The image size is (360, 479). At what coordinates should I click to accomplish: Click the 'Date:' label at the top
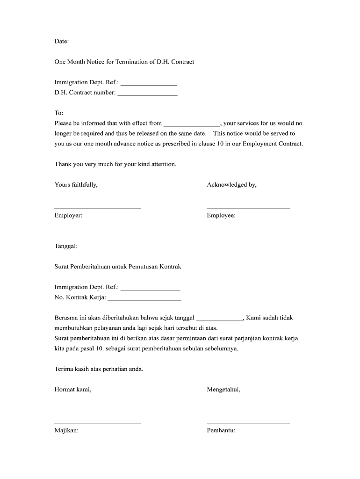pyautogui.click(x=61, y=41)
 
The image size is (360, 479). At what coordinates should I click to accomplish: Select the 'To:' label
pyautogui.click(x=59, y=113)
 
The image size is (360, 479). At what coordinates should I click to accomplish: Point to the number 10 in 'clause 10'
pyautogui.click(x=220, y=144)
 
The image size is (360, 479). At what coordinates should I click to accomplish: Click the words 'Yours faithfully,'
pyautogui.click(x=76, y=185)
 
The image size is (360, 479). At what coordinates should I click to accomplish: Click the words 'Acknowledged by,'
pyautogui.click(x=231, y=185)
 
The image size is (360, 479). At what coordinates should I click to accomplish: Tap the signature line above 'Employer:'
pyautogui.click(x=97, y=207)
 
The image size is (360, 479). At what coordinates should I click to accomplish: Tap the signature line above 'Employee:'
pyautogui.click(x=248, y=207)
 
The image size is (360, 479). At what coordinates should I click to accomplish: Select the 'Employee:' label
pyautogui.click(x=221, y=216)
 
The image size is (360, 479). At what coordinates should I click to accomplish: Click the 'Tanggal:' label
pyautogui.click(x=66, y=246)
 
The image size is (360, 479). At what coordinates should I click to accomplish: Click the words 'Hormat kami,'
pyautogui.click(x=73, y=389)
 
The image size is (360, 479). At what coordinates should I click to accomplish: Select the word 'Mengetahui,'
pyautogui.click(x=223, y=389)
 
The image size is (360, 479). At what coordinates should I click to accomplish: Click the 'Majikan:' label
pyautogui.click(x=66, y=431)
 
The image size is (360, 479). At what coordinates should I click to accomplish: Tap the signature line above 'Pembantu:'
pyautogui.click(x=248, y=423)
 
